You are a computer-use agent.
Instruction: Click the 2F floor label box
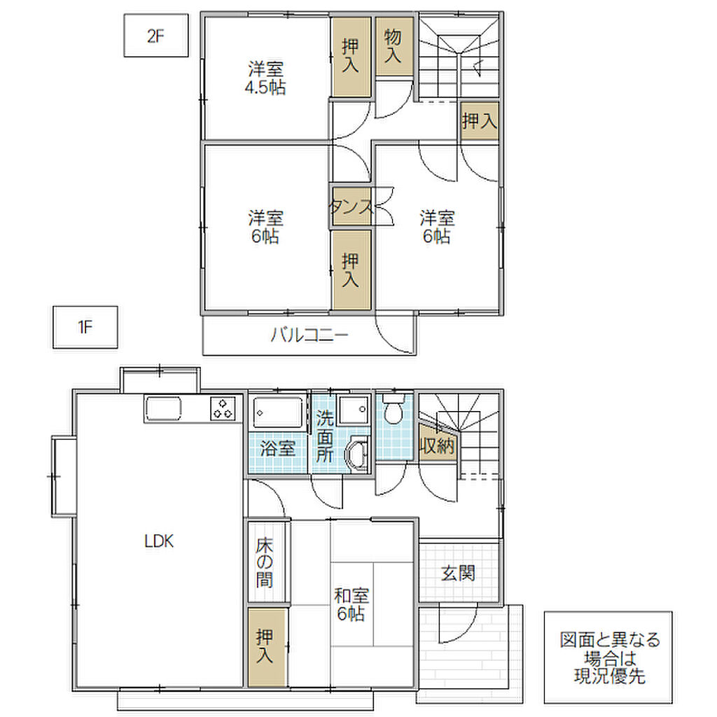156,35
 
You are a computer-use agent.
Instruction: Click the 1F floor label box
85,327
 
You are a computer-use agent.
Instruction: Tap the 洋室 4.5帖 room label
265,78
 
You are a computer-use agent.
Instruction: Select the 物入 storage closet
394,46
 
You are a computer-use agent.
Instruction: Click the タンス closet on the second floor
351,207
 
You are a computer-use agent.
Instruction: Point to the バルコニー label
309,335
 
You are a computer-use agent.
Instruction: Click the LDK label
159,541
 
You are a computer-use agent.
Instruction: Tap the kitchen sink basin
163,408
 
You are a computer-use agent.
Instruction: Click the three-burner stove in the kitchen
223,408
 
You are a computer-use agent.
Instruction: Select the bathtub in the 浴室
278,412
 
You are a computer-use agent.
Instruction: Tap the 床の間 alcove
265,561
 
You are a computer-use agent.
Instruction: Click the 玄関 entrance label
458,573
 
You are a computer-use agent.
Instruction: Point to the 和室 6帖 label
351,604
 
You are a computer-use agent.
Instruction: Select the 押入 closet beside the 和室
267,647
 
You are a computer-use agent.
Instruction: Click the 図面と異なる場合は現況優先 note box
608,657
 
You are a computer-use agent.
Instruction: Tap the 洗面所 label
325,436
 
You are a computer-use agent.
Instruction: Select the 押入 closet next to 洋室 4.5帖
351,57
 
